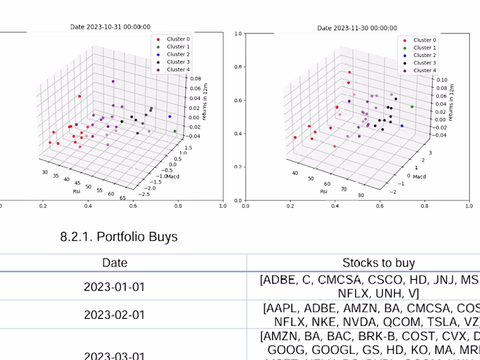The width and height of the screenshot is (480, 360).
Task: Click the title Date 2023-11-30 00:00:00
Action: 357,28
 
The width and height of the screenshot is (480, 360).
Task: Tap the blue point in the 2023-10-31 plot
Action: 169,117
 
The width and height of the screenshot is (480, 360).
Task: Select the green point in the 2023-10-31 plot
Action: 175,131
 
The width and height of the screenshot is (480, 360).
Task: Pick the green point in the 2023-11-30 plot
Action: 411,106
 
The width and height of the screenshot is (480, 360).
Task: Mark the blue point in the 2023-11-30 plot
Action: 401,126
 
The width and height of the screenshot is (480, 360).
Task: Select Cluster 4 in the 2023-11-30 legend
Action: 424,70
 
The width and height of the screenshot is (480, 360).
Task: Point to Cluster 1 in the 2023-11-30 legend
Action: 424,47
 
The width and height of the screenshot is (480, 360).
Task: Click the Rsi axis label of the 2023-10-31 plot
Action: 77,192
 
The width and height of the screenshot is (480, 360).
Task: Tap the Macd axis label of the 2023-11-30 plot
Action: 418,176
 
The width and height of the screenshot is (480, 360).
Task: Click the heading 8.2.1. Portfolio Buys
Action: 119,237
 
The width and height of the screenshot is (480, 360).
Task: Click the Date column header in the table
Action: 115,263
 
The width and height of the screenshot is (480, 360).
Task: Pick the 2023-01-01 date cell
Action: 115,287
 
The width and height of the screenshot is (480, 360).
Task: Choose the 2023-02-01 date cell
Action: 115,315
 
